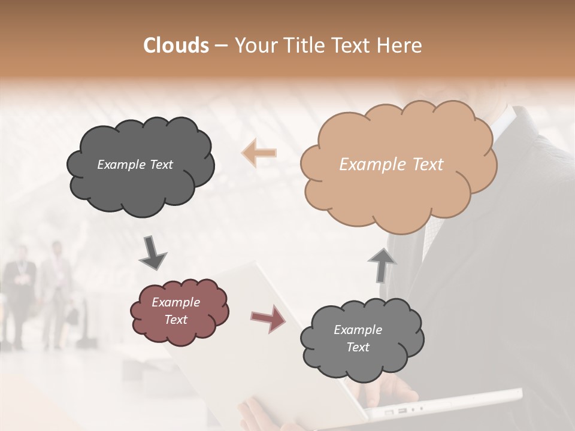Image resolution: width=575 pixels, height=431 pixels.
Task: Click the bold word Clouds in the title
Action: tap(176, 45)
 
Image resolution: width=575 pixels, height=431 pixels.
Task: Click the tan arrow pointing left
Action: tap(259, 153)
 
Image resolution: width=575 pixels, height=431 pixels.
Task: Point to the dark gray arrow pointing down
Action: tap(153, 252)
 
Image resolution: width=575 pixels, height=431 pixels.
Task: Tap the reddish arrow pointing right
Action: tap(268, 318)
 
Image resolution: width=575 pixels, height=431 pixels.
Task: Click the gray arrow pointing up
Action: tap(382, 264)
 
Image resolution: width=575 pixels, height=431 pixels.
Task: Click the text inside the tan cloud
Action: tap(391, 165)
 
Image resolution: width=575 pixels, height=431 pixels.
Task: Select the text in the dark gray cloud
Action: tap(135, 165)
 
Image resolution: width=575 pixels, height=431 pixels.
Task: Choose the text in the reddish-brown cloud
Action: tap(176, 311)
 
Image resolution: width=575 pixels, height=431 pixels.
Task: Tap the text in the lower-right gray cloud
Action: tap(358, 338)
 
